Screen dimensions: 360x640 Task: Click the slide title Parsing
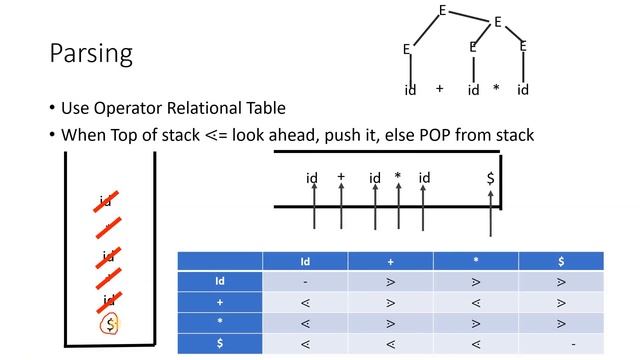tap(91, 52)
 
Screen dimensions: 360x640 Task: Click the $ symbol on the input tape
tap(490, 178)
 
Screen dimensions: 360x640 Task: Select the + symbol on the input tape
tap(341, 177)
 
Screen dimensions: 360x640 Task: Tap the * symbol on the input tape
tap(397, 178)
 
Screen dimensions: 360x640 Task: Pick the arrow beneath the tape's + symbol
tap(341, 212)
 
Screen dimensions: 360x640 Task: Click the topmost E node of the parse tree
tap(442, 11)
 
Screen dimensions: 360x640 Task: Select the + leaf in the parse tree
tap(439, 89)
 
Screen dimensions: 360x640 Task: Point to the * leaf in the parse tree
tap(496, 90)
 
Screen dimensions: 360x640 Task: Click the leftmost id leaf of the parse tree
tap(410, 90)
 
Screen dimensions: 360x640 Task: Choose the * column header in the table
tap(476, 261)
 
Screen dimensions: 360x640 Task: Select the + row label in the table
tap(219, 302)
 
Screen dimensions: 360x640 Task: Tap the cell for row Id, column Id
tap(305, 281)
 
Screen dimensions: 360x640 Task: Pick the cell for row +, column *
tap(476, 302)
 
